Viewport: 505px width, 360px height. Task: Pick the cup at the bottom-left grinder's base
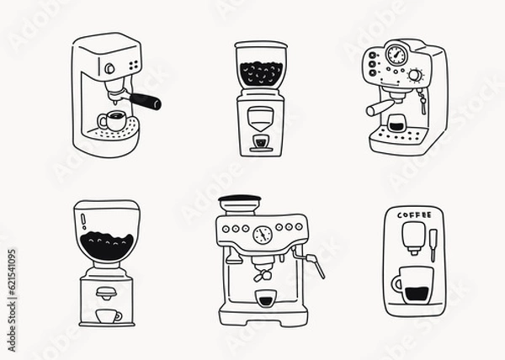[107, 315]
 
